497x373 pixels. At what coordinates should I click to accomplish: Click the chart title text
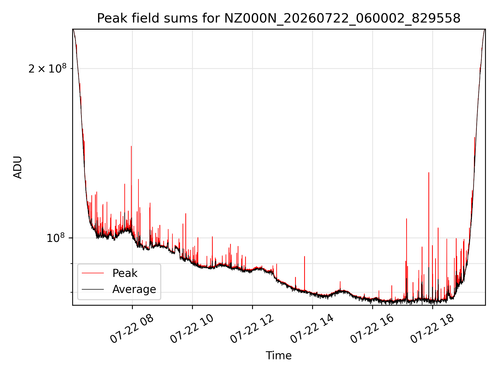(x=279, y=18)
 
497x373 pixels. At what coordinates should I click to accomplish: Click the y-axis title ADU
(x=18, y=167)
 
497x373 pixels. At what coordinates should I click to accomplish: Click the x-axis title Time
(x=279, y=356)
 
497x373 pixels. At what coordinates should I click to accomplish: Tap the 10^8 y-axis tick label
(x=55, y=238)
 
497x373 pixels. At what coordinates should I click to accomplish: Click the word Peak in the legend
(x=125, y=273)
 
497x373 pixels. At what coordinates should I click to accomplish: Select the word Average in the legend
(x=134, y=289)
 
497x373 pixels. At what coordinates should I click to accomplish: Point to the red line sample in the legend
(x=93, y=273)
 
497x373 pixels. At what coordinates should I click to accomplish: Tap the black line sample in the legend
(x=93, y=289)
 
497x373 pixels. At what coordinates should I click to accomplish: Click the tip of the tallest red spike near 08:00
(x=131, y=146)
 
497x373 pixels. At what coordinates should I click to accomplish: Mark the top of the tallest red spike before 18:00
(x=429, y=173)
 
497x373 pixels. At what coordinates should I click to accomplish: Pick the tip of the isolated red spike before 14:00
(x=304, y=256)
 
